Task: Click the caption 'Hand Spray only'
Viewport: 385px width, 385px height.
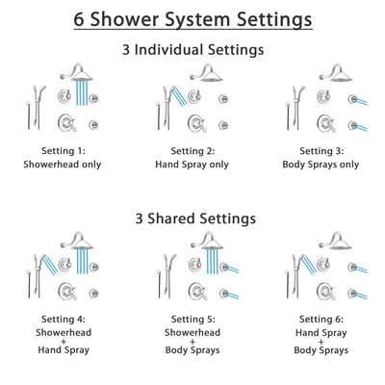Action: (192, 164)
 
